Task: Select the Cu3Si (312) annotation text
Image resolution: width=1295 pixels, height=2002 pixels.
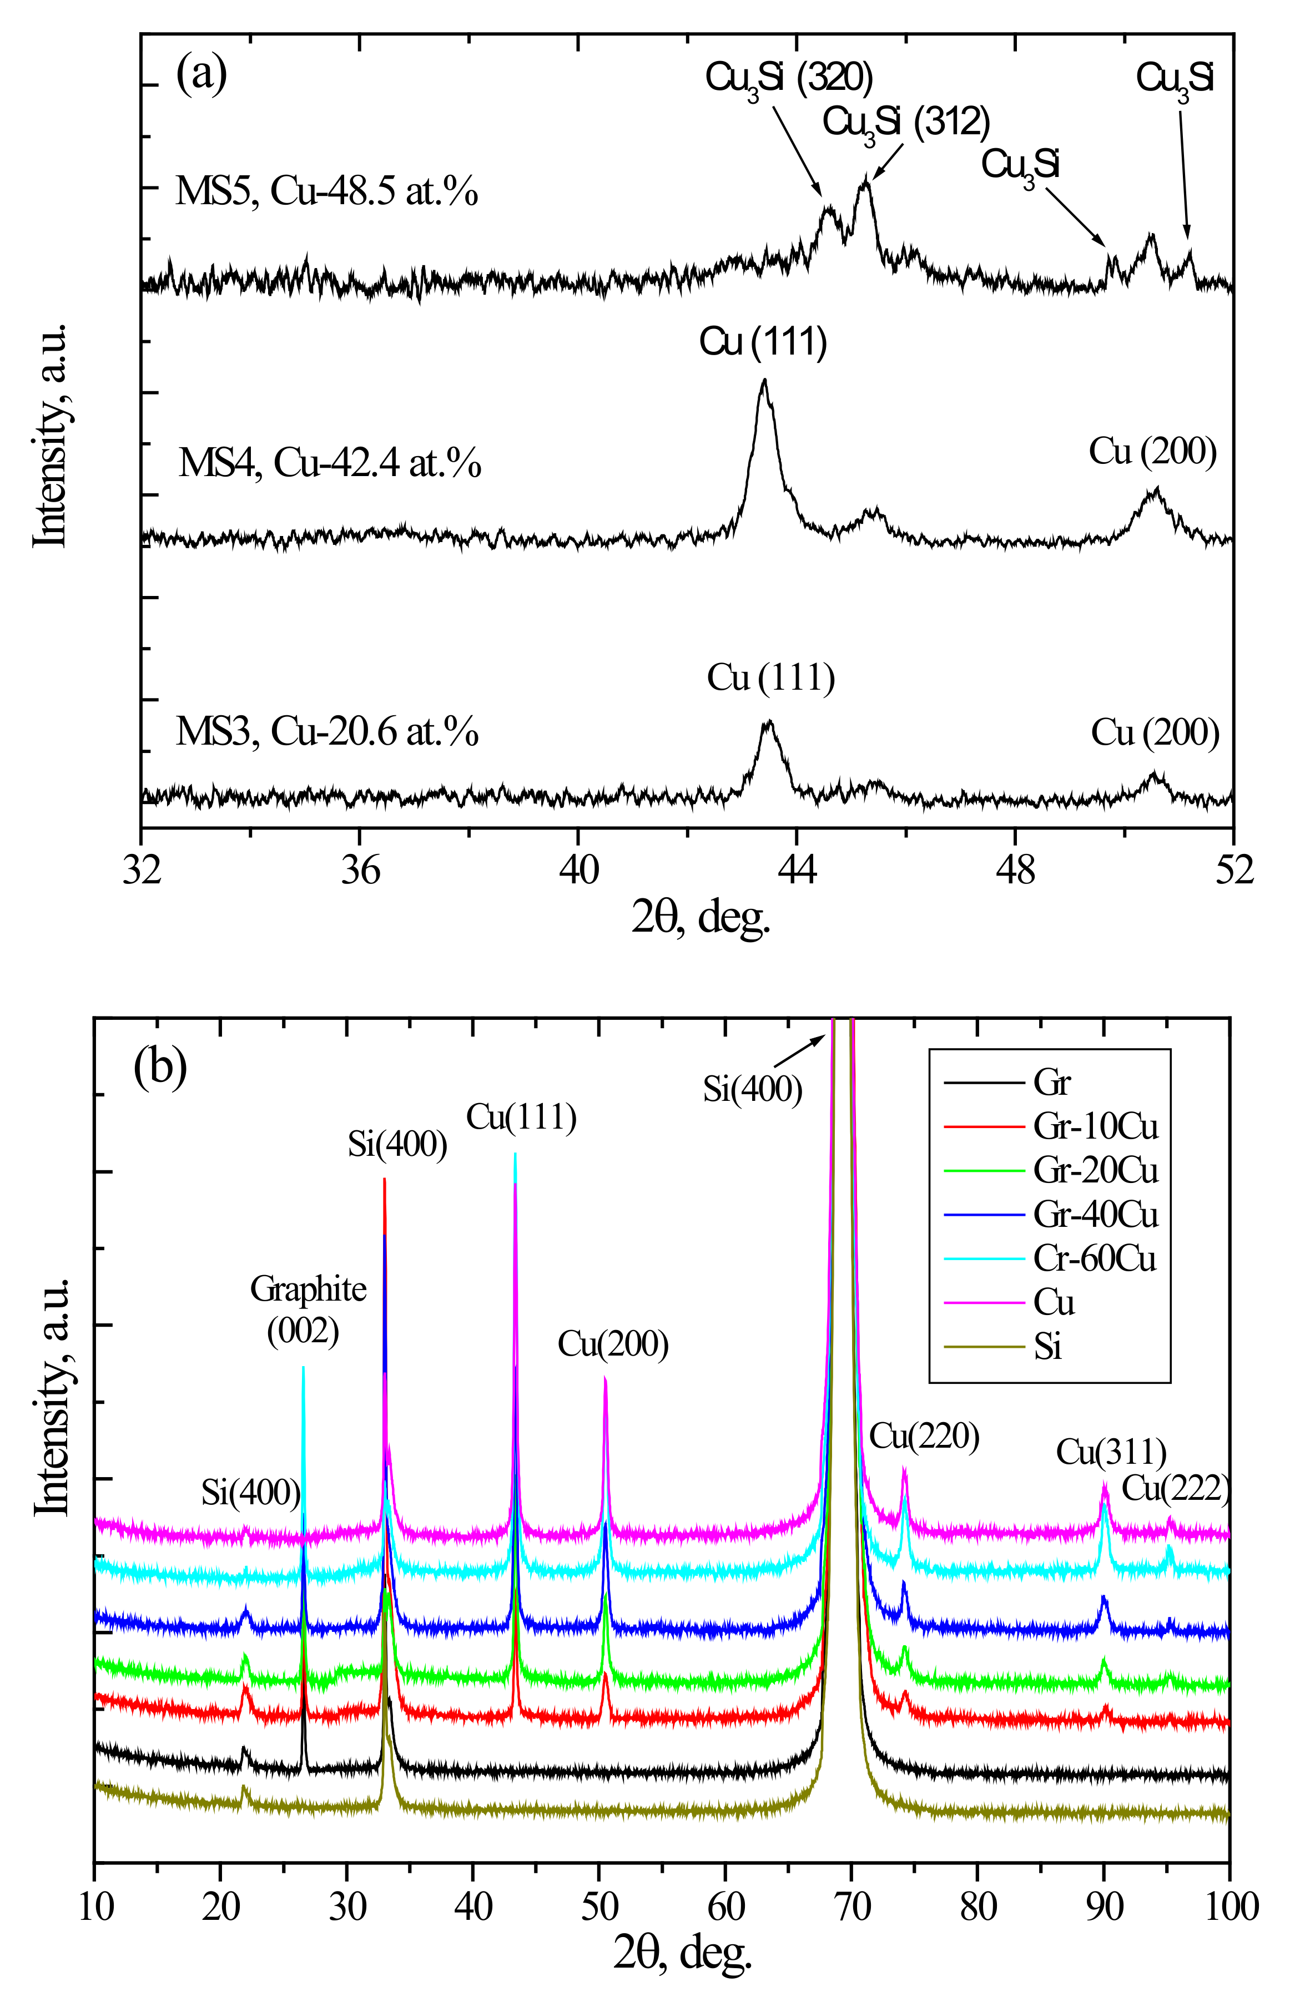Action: (x=906, y=123)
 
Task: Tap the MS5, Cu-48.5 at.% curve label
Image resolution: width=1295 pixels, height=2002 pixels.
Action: (x=326, y=191)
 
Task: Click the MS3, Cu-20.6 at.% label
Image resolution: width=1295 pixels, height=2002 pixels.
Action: (x=326, y=731)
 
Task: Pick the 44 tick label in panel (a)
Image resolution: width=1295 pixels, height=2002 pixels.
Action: (x=797, y=869)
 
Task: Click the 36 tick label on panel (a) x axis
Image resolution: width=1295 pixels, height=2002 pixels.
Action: (x=360, y=869)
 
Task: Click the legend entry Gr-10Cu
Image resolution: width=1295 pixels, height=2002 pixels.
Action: (x=1095, y=1127)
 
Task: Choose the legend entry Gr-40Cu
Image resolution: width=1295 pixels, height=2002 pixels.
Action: (x=1095, y=1215)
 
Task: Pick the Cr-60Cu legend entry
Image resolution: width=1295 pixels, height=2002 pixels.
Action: (x=1094, y=1258)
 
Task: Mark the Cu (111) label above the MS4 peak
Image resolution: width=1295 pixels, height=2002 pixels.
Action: (x=763, y=342)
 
